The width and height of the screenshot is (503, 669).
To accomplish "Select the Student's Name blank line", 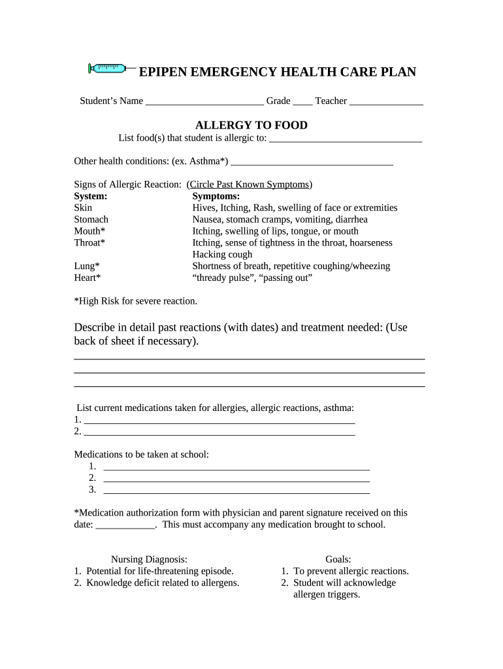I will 204,102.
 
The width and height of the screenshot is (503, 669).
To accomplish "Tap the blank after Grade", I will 302,102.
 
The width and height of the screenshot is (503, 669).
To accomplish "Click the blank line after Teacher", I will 386,102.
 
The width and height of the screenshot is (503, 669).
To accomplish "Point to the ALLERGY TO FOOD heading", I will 252,125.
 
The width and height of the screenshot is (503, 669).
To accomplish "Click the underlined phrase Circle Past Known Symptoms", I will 250,184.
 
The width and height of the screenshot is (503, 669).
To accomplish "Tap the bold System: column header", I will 91,196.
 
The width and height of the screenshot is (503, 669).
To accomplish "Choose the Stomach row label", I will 91,220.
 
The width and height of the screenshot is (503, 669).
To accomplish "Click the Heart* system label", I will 88,278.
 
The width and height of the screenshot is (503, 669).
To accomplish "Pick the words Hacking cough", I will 222,254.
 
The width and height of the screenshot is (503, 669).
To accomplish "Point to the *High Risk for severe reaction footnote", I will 135,301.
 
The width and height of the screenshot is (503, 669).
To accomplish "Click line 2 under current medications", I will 219,432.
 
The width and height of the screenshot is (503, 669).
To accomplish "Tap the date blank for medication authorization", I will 125,525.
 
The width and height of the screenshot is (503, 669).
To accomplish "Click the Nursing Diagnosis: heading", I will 149,559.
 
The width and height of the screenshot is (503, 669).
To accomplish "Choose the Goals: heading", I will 338,559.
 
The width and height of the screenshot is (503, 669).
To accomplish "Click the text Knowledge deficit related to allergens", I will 163,583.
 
